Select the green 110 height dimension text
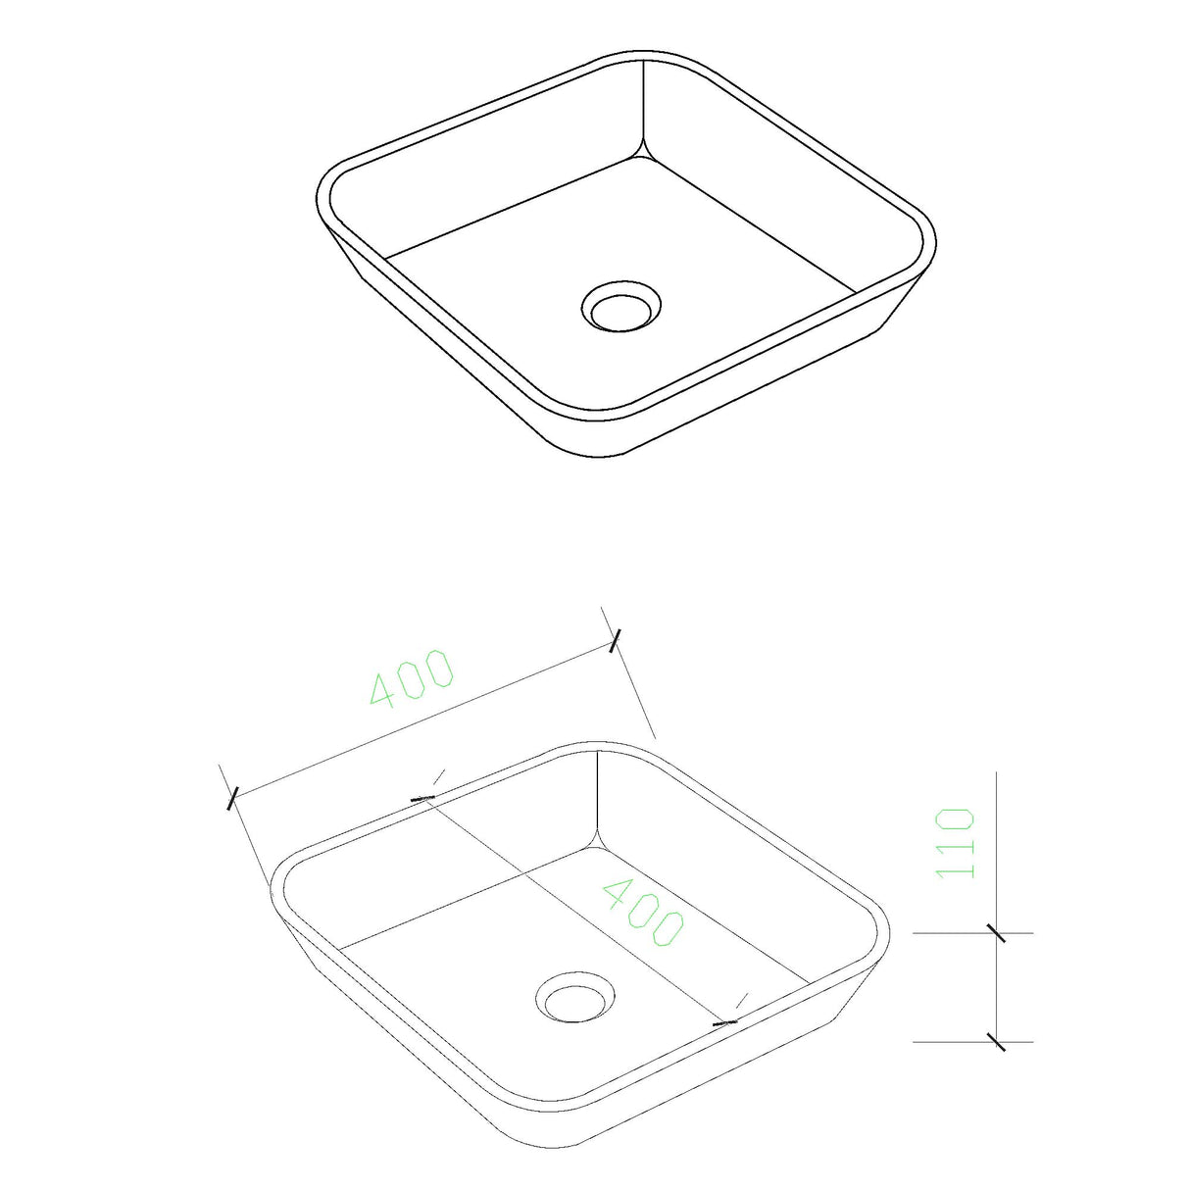[x=956, y=843]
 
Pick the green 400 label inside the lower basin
[x=642, y=913]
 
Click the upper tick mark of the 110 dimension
[x=996, y=932]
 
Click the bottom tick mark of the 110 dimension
[x=996, y=1041]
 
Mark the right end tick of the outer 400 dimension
[x=615, y=641]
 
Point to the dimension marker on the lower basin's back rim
[x=423, y=798]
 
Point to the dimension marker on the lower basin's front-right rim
[x=725, y=1022]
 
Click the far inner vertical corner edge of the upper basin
[x=643, y=108]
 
